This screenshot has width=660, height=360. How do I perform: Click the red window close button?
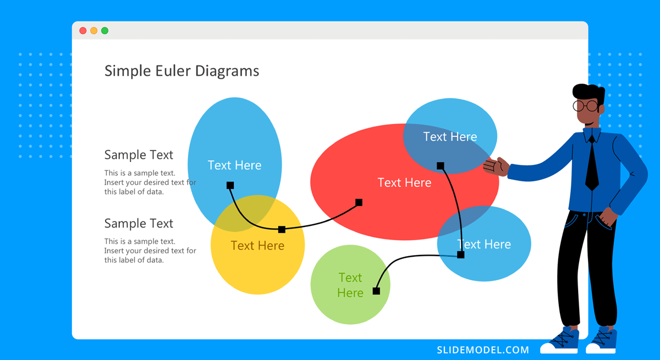83,31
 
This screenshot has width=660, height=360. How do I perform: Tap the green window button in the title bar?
105,31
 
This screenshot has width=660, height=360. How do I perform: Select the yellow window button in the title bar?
94,31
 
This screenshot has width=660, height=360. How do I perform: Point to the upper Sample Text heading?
139,155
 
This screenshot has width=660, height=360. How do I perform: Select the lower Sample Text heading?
139,224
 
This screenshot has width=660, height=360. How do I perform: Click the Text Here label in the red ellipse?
404,182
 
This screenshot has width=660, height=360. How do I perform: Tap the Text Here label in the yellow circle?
257,246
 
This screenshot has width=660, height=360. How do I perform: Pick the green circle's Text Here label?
350,285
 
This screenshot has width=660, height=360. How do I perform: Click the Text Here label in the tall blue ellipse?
234,165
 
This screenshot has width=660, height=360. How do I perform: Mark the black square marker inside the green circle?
376,291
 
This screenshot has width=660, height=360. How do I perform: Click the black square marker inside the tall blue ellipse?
230,185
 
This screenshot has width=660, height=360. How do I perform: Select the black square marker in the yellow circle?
282,229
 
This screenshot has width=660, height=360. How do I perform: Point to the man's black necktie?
592,165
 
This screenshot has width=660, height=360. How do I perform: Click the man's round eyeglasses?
585,106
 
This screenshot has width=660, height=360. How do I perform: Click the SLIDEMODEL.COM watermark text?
483,350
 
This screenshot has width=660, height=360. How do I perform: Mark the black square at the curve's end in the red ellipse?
359,202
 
